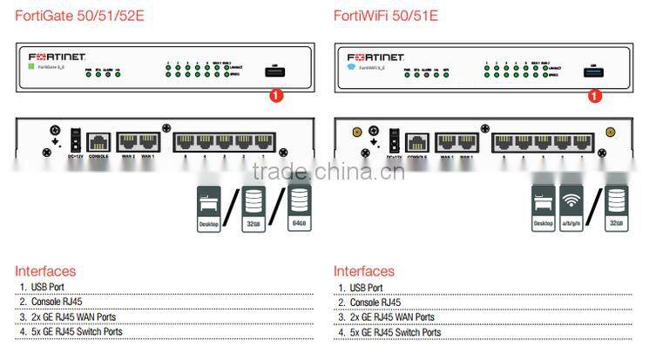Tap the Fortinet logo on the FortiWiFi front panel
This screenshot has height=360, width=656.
pyautogui.click(x=369, y=52)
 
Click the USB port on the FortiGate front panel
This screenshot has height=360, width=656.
pyautogui.click(x=275, y=71)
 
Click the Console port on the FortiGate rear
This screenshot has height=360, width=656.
pyautogui.click(x=98, y=140)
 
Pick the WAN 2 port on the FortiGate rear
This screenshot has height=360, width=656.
pyautogui.click(x=127, y=140)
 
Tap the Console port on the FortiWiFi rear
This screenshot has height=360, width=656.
pyautogui.click(x=417, y=140)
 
